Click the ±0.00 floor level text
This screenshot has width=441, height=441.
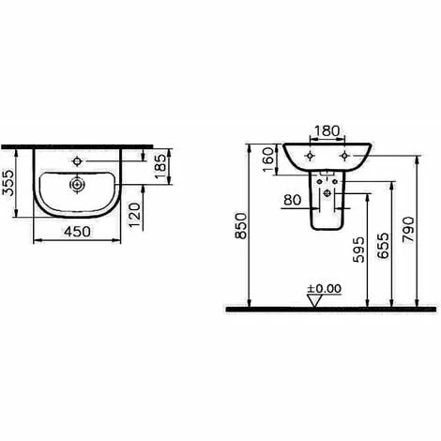pos(322,288)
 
